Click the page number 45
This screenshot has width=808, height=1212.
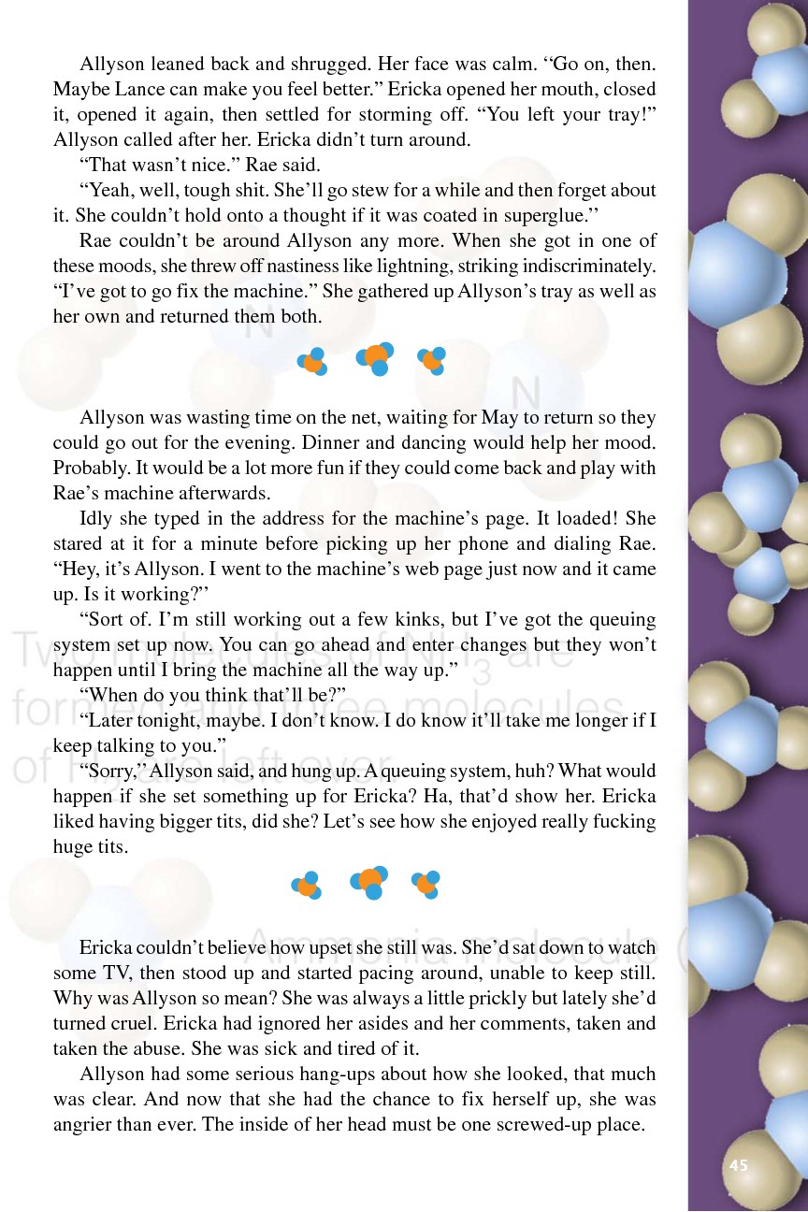point(739,1165)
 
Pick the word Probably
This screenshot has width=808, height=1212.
point(90,468)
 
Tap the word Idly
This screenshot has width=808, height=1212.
point(98,518)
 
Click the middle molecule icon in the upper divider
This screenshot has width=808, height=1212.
point(375,358)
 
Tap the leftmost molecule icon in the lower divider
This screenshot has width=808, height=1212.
point(308,885)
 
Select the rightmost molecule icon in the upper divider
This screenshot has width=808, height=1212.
point(432,360)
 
